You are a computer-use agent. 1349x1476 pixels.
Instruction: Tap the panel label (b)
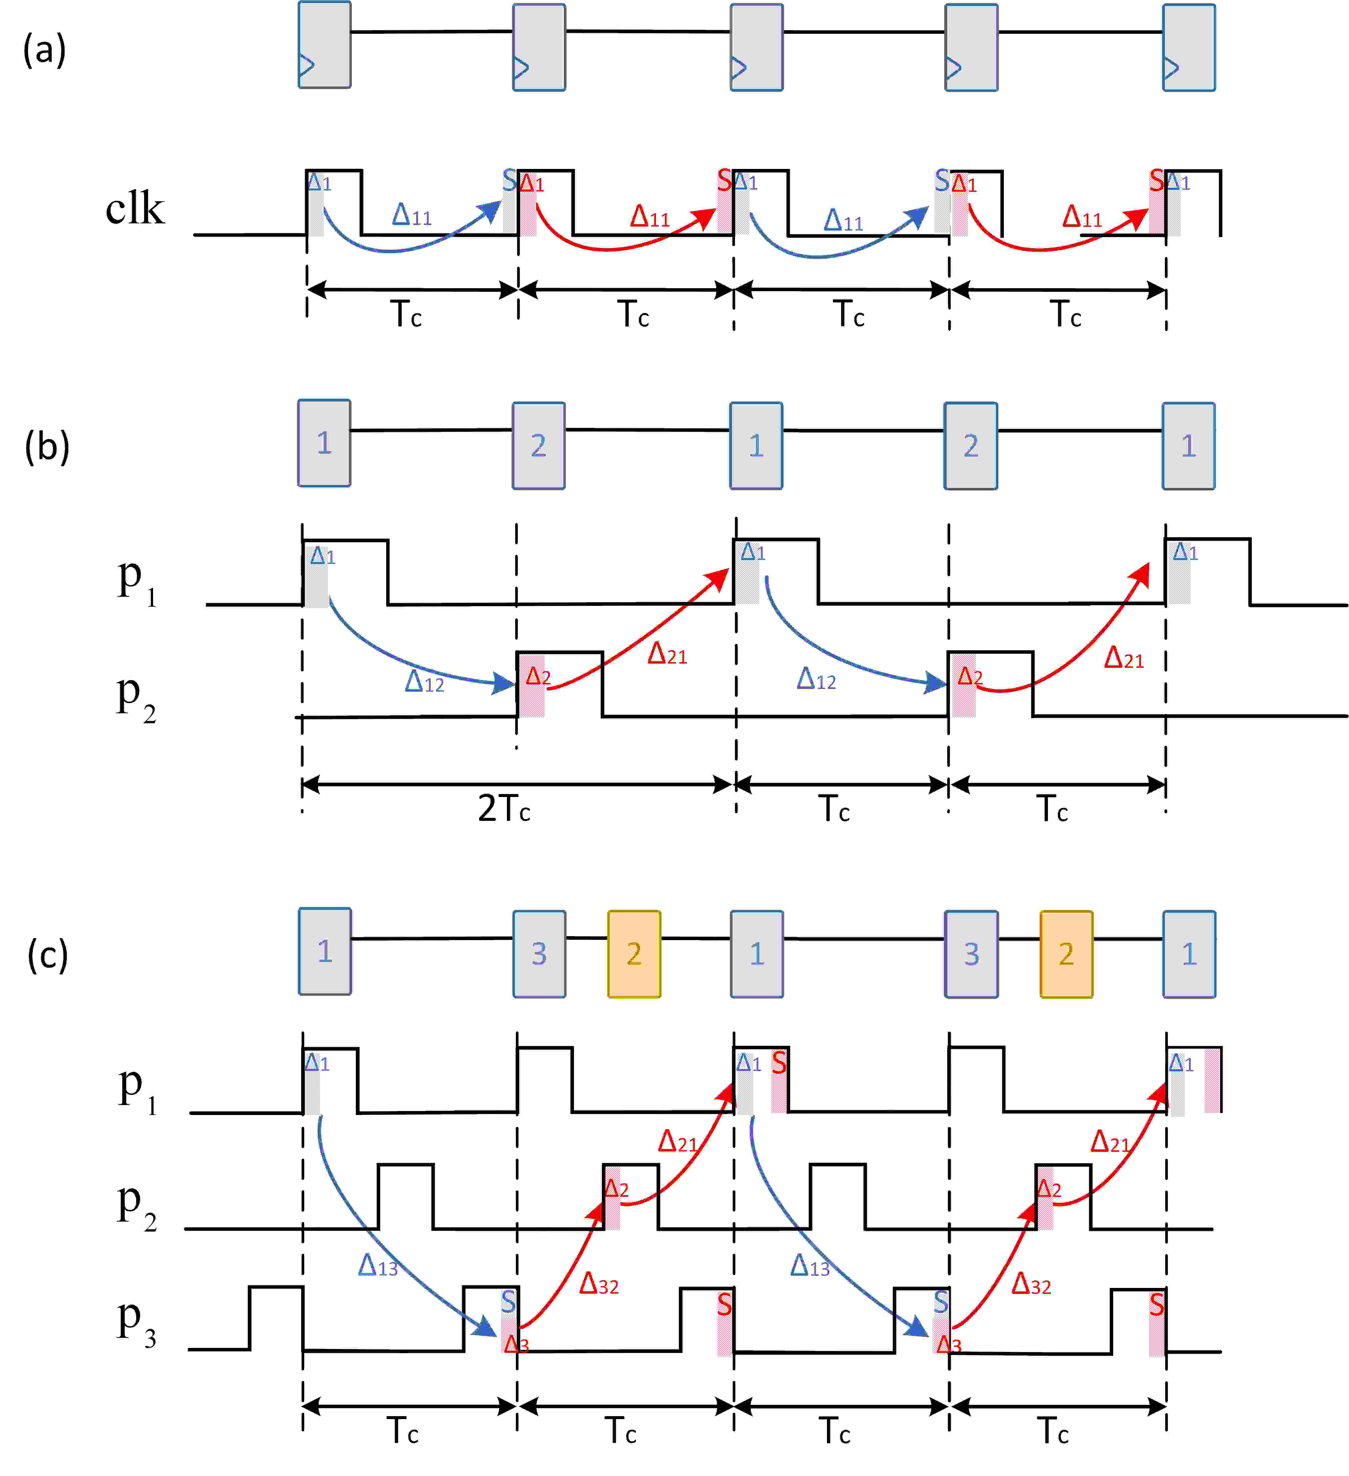tap(46, 447)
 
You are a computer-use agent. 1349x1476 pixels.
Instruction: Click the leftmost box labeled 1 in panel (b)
tap(324, 443)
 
